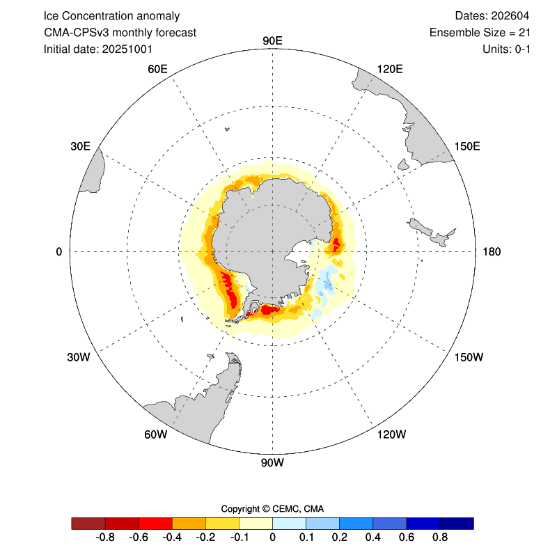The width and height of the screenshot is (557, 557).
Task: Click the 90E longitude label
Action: tap(272, 41)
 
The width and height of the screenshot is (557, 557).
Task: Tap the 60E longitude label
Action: tap(158, 68)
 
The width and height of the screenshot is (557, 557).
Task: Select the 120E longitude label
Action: tap(390, 68)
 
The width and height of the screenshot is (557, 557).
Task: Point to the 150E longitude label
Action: tap(466, 146)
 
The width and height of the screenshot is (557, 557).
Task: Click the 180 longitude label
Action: tap(492, 251)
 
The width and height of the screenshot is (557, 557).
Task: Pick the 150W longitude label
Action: tap(468, 357)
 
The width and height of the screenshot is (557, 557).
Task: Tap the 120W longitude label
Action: tap(391, 435)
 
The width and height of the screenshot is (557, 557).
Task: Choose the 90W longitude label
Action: tap(272, 462)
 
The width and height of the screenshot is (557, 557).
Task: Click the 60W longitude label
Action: tap(156, 435)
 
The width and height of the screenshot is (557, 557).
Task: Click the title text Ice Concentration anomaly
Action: tap(111, 16)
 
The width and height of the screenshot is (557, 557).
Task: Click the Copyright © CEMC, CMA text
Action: tap(272, 508)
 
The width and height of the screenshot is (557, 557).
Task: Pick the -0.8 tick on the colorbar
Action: tap(105, 538)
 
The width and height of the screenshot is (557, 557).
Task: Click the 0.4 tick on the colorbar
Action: tap(373, 538)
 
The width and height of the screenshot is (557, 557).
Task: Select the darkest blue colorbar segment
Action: tap(457, 523)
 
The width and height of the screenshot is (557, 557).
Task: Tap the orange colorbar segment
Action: tap(189, 523)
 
